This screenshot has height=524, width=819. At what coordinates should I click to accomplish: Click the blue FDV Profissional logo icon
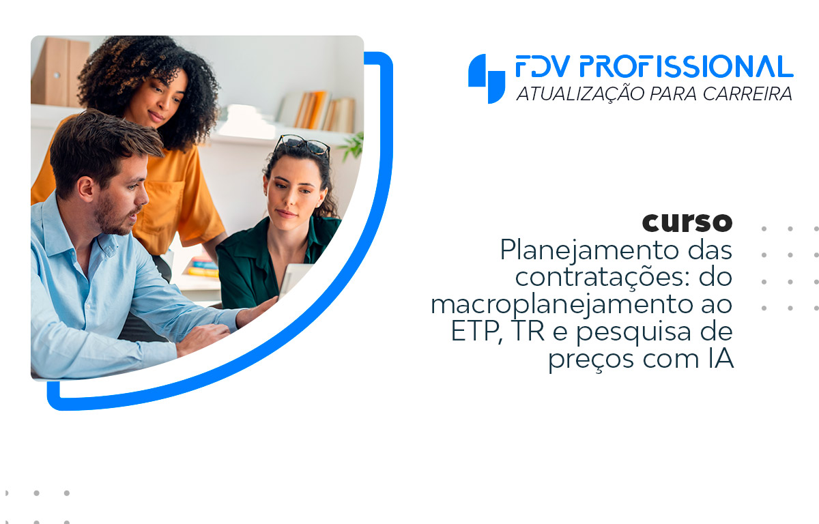coord(486,78)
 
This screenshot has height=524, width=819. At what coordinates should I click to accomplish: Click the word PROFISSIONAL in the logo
coord(687,66)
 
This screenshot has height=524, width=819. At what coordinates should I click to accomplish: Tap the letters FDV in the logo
coord(543,66)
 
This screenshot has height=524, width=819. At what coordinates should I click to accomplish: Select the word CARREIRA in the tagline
coord(747,93)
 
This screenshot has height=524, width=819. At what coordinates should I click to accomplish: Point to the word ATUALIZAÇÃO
coord(581,93)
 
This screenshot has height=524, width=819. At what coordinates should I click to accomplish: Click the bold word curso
coord(687,222)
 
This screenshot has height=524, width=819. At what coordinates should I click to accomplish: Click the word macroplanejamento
coord(562,305)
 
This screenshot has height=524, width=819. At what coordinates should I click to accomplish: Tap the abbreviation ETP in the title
coord(475,331)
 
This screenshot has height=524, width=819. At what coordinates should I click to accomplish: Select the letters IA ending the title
coord(721,358)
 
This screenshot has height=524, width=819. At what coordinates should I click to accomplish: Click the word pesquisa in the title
coord(633,332)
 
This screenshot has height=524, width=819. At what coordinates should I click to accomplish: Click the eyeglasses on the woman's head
coord(303,145)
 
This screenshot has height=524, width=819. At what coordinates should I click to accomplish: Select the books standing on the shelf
coord(321,111)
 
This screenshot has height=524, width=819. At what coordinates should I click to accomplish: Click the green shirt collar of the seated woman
coord(315,234)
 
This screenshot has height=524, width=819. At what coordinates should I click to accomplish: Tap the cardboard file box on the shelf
coord(60,72)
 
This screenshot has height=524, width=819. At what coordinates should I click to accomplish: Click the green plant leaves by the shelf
coord(351,147)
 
